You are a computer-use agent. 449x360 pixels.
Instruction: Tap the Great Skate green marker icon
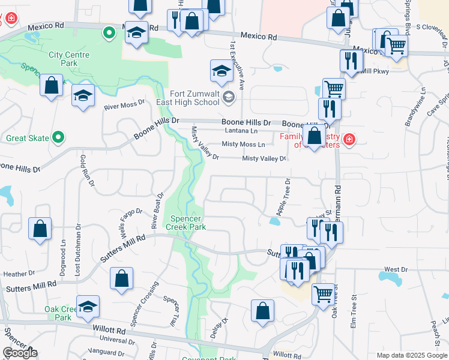click(x=58, y=138)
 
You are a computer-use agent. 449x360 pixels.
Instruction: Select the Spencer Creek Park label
click(x=188, y=223)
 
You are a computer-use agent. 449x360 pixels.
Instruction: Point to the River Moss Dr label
click(x=125, y=106)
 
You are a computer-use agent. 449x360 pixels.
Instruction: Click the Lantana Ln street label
click(x=241, y=131)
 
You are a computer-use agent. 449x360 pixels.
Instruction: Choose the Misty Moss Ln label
click(x=243, y=145)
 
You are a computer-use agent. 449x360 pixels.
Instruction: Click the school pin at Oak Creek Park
click(x=88, y=306)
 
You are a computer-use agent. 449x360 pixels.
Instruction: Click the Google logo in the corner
click(x=20, y=353)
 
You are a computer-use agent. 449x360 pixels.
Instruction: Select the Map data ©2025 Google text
click(x=412, y=355)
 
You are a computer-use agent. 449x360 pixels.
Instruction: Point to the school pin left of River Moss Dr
click(x=83, y=95)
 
